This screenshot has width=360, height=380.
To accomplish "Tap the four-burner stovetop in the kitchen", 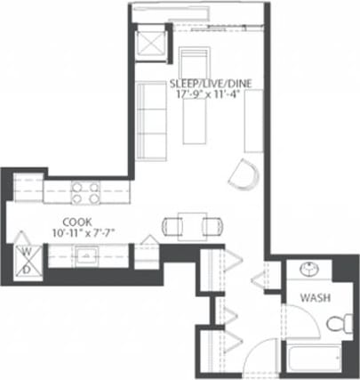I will (84, 192).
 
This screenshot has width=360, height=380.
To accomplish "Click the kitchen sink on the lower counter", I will (87, 256).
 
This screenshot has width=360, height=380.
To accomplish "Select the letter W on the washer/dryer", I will (27, 252).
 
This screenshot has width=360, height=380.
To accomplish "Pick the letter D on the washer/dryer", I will (27, 268).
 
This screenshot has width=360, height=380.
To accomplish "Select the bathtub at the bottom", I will (313, 360).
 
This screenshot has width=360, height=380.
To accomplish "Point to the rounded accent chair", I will (242, 175).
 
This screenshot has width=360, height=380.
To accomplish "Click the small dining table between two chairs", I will (190, 225).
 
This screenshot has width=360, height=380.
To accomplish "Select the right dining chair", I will (212, 225).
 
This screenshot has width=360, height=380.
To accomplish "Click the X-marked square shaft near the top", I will (149, 43).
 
